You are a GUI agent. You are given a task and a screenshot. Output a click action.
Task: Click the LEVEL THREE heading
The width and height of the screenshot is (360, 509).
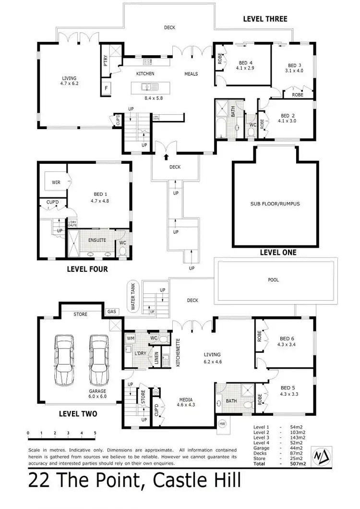(265, 19)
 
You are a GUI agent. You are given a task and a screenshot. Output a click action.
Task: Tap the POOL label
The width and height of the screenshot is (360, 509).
(273, 279)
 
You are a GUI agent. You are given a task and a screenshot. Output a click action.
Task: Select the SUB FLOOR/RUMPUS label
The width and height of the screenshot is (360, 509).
(275, 204)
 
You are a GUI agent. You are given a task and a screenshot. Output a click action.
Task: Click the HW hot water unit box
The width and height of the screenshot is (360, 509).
(222, 424)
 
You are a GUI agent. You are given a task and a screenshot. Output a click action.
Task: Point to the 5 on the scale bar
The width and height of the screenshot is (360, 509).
(95, 433)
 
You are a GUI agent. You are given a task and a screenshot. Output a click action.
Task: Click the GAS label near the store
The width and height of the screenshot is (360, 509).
(112, 311)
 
